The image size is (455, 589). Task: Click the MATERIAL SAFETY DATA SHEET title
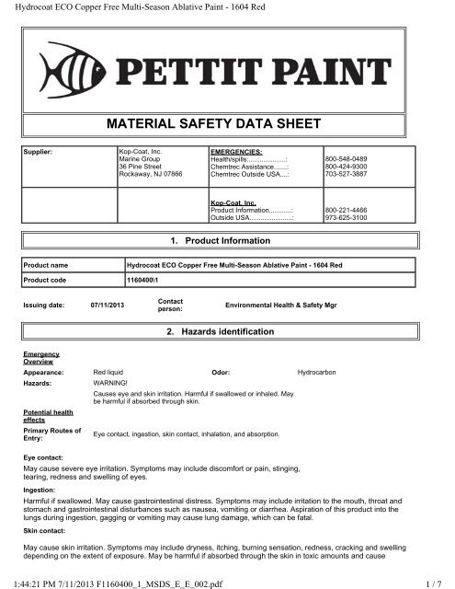click(x=227, y=121)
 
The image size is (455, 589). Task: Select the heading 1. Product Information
click(x=226, y=240)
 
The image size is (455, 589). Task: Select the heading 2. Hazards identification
click(x=226, y=330)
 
